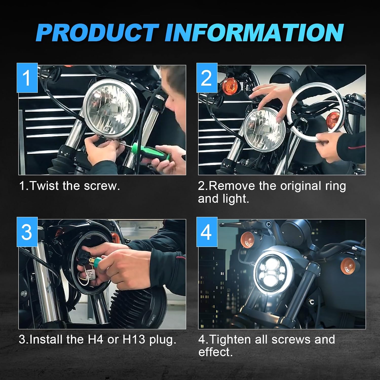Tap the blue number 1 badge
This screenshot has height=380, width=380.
[x=27, y=78]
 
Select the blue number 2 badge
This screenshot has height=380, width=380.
[x=207, y=78]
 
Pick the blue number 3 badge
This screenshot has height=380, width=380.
[x=27, y=232]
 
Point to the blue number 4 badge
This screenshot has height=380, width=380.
[x=207, y=232]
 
